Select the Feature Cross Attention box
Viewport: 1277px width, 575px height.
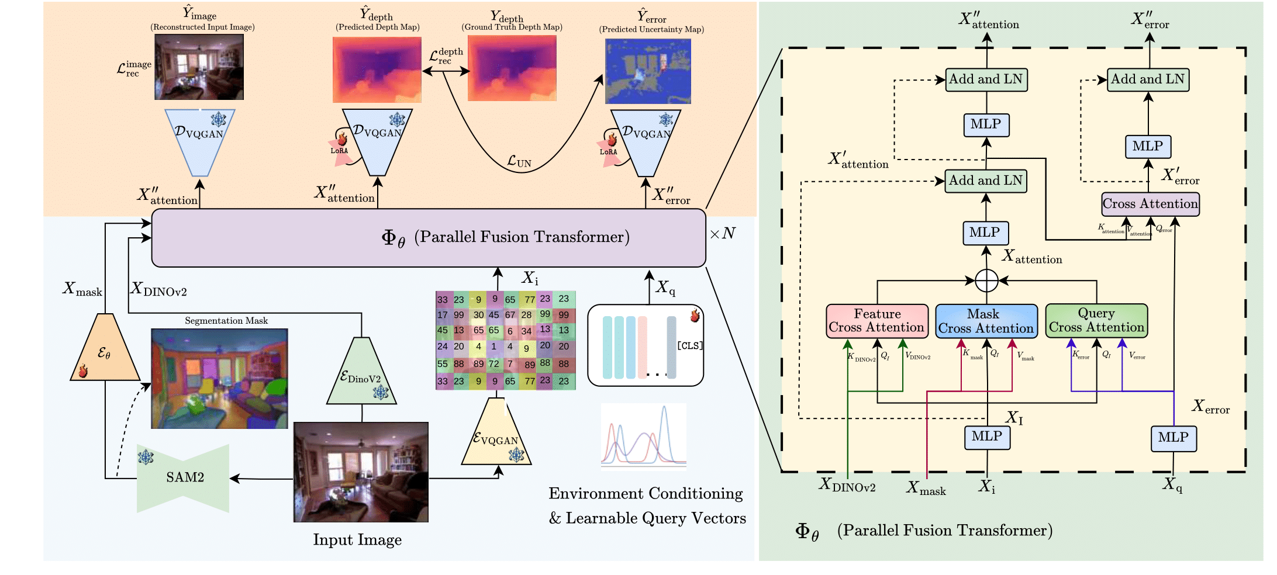877,321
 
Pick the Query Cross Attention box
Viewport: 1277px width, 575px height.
1096,320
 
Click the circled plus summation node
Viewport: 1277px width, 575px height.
986,281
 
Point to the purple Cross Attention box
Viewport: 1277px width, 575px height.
1150,204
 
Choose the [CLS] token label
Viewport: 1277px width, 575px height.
689,345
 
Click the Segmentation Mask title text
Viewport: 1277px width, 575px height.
226,321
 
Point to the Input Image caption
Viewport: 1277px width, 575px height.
357,540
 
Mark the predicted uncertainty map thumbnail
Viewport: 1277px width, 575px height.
648,71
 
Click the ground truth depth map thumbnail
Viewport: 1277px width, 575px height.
512,68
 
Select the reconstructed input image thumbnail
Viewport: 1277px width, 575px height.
199,67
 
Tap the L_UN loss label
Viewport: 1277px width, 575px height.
519,161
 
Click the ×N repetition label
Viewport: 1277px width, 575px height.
722,234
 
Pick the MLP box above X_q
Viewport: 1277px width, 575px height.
1174,438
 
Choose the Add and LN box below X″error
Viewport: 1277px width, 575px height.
1148,79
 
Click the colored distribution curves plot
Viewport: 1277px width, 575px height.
644,436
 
